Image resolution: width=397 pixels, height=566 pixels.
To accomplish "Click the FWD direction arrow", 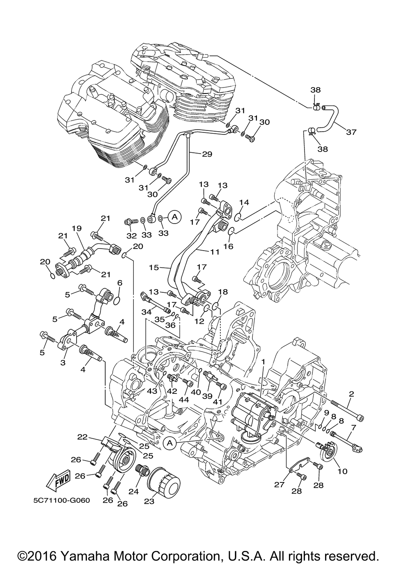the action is [58, 479].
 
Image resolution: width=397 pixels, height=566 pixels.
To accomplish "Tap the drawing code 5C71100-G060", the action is [62, 500].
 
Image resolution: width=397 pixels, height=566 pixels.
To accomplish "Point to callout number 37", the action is [351, 132].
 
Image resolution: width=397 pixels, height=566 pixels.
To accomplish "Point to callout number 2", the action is [352, 394].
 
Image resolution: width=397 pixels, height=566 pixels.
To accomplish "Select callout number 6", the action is [119, 283].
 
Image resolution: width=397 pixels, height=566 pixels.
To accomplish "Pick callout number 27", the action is [279, 484].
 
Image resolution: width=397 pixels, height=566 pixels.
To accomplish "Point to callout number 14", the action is [244, 202].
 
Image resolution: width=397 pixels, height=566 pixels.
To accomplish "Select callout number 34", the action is [146, 312].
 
